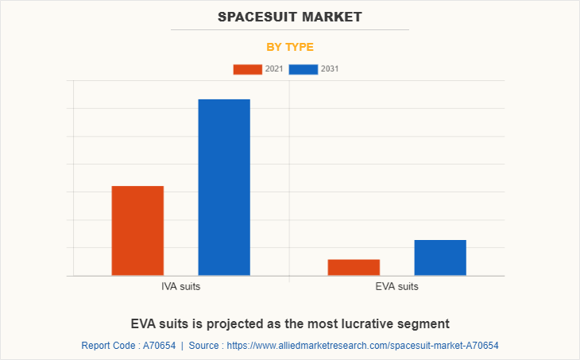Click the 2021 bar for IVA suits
pos(137,230)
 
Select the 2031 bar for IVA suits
pos(224,187)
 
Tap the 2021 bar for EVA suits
pos(354,267)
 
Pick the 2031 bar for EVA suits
pos(440,257)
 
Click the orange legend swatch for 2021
pos(247,69)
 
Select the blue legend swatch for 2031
pos(303,69)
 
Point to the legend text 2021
pos(274,69)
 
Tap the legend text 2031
pos(330,69)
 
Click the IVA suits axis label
pos(180,286)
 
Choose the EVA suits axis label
pos(396,286)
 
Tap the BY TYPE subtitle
pos(290,47)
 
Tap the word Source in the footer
pos(204,346)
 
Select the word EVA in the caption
pos(143,323)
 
